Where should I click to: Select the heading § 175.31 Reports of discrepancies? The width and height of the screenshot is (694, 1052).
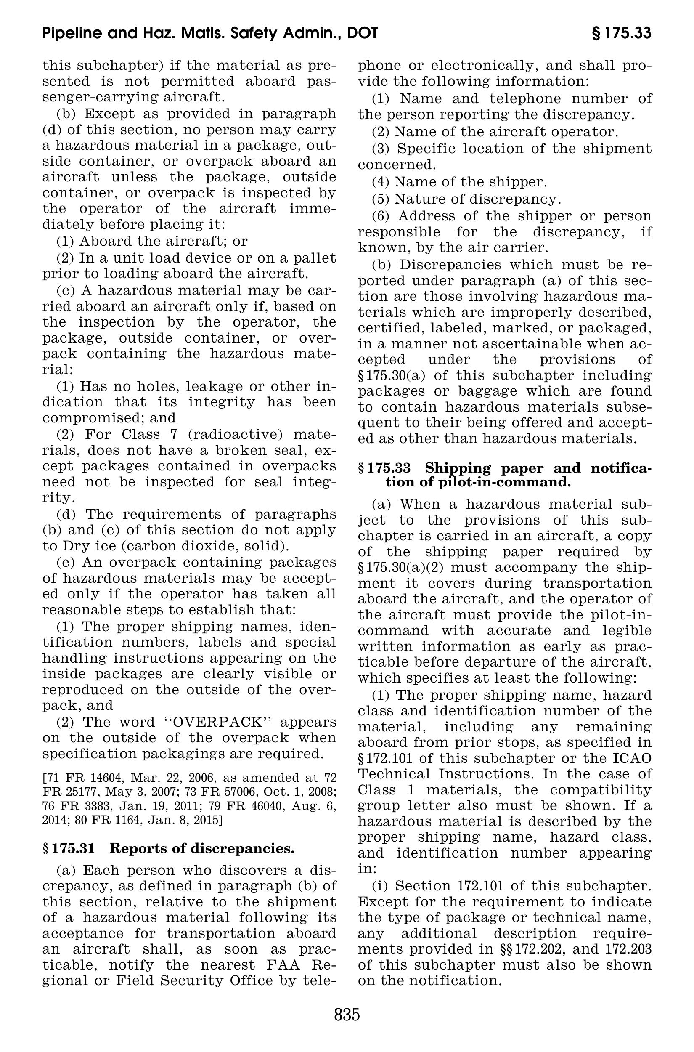click(x=168, y=849)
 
